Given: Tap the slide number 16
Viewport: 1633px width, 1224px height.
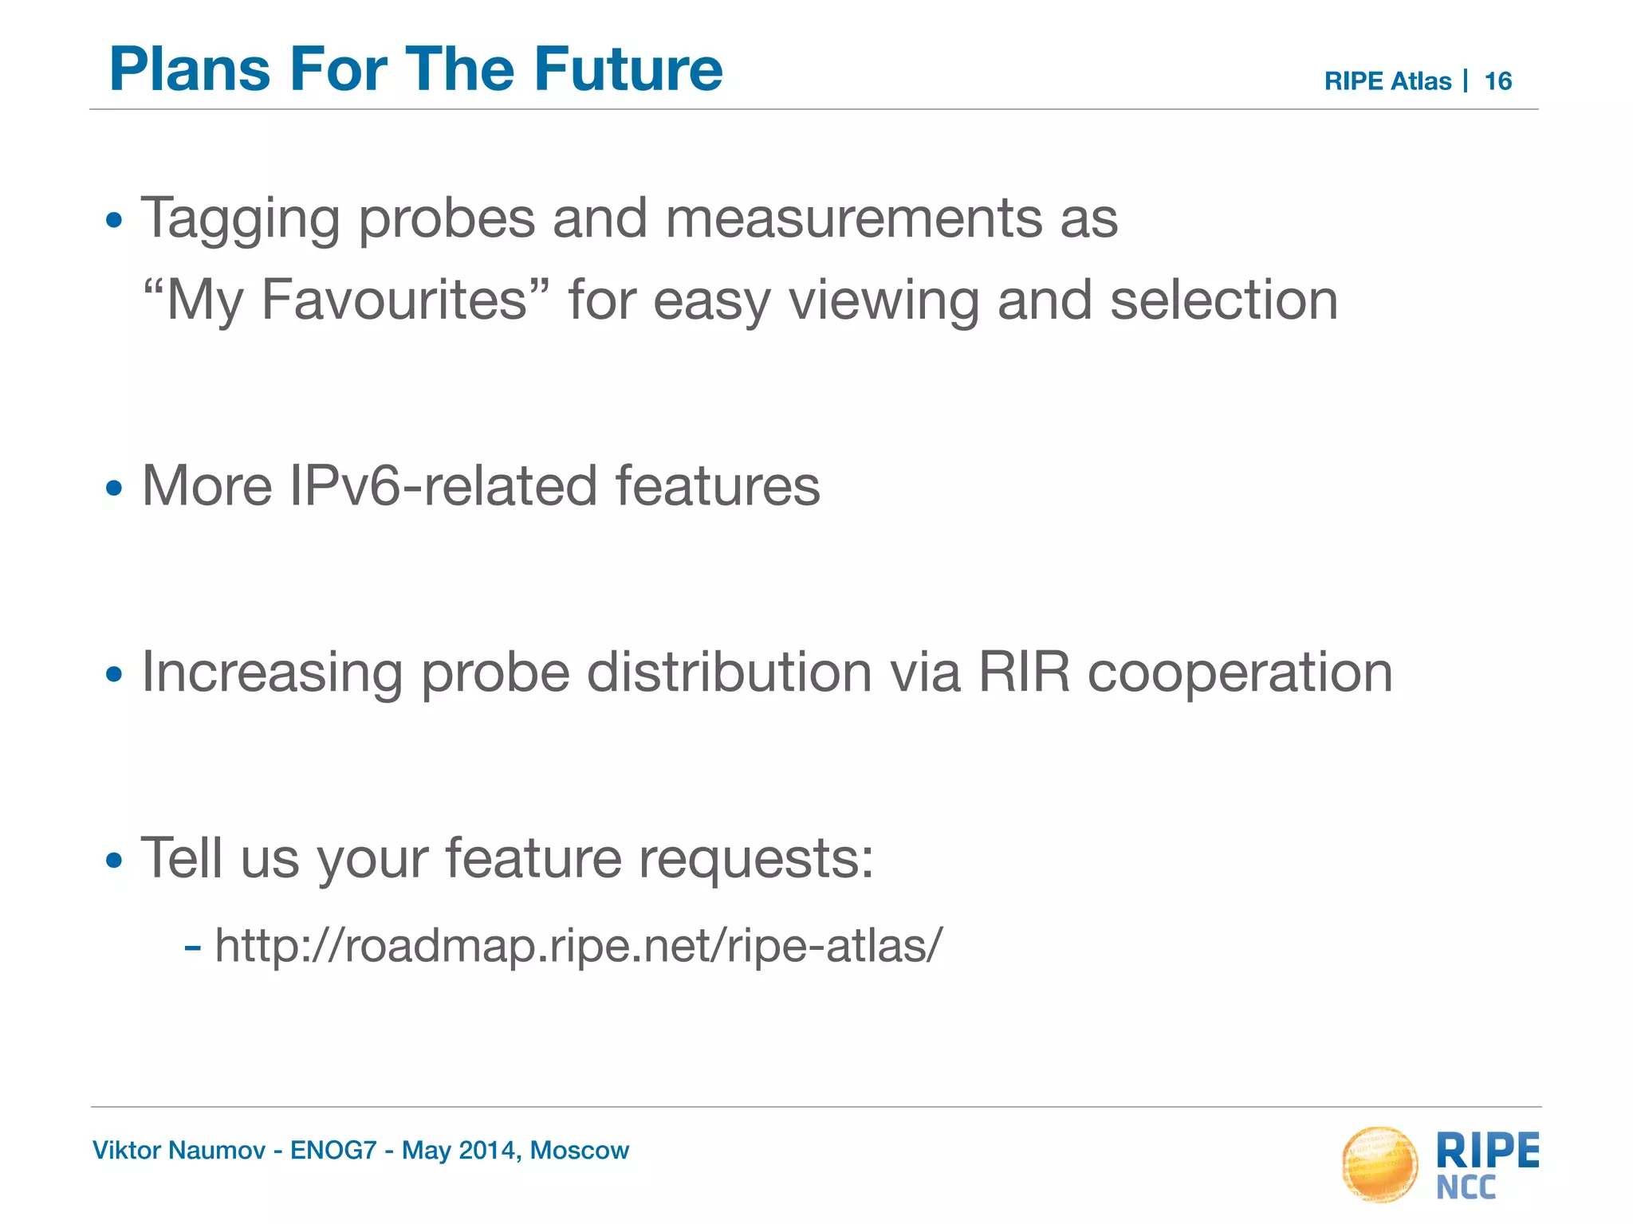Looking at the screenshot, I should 1497,81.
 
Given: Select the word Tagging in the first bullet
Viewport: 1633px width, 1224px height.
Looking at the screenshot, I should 240,219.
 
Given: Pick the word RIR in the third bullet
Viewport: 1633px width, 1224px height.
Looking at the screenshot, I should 1023,672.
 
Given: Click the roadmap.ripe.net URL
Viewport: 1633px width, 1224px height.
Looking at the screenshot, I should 578,946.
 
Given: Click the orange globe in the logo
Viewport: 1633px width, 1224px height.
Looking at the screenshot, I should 1379,1163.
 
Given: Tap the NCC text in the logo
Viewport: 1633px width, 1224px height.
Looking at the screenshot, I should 1466,1188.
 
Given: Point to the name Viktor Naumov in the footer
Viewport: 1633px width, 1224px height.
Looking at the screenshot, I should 179,1151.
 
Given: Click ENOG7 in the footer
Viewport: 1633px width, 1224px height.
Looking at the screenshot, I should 333,1151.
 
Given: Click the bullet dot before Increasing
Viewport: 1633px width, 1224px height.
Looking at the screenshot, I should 115,675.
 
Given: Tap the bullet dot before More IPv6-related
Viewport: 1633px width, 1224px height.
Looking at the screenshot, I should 115,488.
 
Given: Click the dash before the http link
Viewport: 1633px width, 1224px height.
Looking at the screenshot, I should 191,948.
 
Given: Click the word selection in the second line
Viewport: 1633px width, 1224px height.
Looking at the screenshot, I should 1223,300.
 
